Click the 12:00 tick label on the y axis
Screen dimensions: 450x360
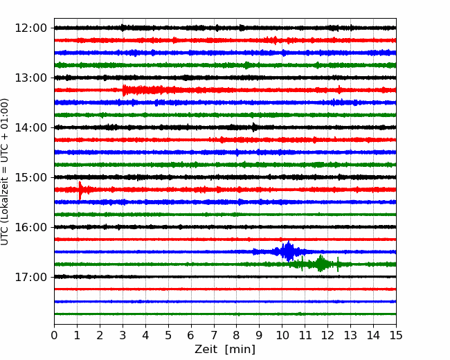point(30,28)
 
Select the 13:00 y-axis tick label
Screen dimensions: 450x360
point(30,78)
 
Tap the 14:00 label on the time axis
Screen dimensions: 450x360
point(30,128)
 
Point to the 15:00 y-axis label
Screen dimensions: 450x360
point(30,177)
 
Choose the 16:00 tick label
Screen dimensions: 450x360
point(30,227)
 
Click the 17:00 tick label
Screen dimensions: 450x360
point(30,277)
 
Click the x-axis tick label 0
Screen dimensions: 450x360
point(54,335)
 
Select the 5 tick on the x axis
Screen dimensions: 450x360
point(168,335)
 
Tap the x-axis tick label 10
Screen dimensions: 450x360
point(282,335)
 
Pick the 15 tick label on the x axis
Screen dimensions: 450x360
point(396,335)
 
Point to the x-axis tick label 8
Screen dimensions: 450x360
point(237,335)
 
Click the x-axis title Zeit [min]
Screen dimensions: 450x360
point(225,350)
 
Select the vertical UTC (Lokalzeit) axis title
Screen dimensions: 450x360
point(5,172)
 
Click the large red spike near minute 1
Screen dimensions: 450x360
point(80,190)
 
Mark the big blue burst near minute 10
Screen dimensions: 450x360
point(288,251)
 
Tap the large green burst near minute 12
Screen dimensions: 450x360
point(321,263)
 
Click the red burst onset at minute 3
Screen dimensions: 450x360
point(123,90)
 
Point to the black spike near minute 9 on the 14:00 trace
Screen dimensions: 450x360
point(253,127)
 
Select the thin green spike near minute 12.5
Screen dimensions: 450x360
point(338,264)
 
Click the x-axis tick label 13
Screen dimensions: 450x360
point(351,335)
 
